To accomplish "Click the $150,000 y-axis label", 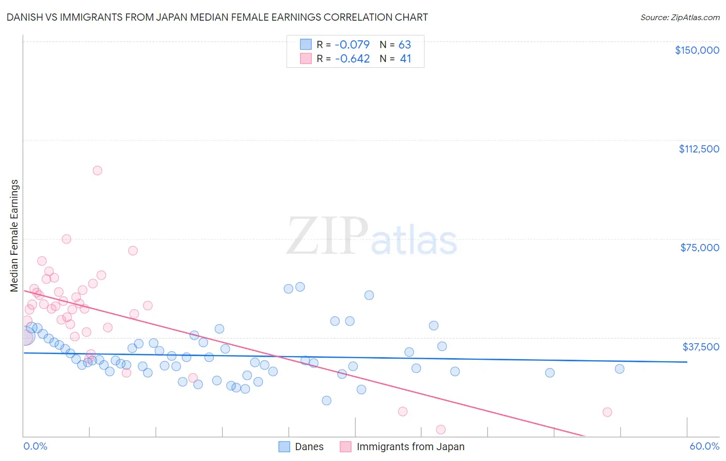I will (x=697, y=50).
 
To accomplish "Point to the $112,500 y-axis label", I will (x=699, y=149).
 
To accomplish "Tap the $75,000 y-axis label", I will (x=700, y=248).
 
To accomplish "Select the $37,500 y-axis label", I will (x=701, y=347).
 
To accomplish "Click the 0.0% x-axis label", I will (x=35, y=446).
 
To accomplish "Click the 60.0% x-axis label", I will (x=704, y=446).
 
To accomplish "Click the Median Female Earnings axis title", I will (x=14, y=236).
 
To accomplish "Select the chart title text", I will (x=217, y=17).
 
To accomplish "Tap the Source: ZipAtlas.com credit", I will (x=680, y=18).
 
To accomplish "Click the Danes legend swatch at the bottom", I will (x=284, y=447).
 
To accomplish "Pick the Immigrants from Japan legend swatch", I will (x=345, y=447).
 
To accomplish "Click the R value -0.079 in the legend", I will (x=352, y=44).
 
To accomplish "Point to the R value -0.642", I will (x=352, y=59).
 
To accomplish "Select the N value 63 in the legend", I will (x=404, y=44).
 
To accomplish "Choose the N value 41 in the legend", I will (x=405, y=59).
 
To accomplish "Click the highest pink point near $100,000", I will (x=97, y=171).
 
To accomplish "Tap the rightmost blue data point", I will (x=619, y=369).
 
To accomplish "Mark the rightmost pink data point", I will (x=607, y=412).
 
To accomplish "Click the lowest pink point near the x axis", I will (x=440, y=429).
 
